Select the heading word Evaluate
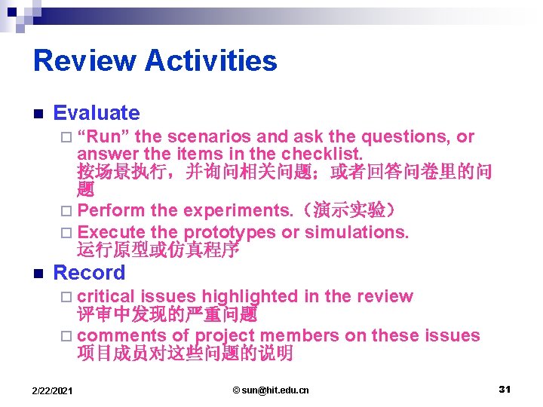pos(97,113)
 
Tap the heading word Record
pos(89,272)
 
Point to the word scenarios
pos(210,137)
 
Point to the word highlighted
pos(250,296)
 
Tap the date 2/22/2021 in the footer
pos(53,390)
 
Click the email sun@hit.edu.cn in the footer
pos(271,390)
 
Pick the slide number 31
pos(505,389)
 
